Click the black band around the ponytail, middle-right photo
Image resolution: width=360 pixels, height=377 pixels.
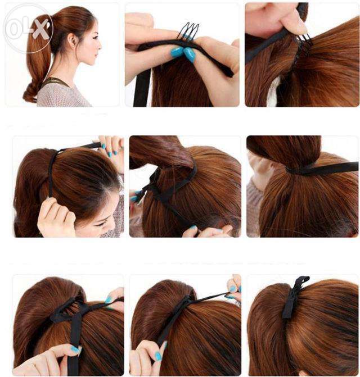point(321,169)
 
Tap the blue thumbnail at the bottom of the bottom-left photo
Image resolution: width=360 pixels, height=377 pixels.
point(75,349)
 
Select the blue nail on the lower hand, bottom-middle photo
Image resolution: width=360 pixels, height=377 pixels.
point(159,356)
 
